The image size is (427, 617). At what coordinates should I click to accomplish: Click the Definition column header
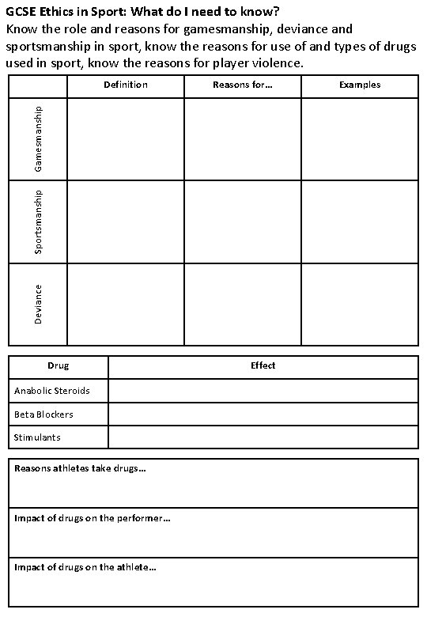126,85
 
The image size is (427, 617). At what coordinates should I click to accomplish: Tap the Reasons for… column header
243,85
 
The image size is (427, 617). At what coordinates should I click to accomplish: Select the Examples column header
360,85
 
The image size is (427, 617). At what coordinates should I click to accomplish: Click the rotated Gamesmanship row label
38,139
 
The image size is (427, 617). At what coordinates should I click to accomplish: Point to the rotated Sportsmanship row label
38,221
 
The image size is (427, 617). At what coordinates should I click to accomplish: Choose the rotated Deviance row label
38,304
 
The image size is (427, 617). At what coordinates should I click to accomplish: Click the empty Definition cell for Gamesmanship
126,139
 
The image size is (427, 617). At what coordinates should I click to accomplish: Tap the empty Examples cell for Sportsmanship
360,221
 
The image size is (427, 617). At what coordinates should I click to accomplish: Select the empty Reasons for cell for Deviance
243,304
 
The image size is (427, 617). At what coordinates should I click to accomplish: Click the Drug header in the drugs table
59,365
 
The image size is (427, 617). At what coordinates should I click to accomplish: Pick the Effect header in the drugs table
263,365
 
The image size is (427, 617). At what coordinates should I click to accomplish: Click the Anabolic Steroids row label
52,391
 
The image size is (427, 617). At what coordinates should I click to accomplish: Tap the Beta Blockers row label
43,414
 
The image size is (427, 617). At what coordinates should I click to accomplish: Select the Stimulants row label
37,437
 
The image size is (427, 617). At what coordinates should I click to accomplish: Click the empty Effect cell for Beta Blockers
263,414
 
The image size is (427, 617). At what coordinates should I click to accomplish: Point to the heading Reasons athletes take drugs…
80,468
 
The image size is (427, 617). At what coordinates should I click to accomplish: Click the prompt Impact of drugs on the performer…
92,518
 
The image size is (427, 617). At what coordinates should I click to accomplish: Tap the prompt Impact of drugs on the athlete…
85,566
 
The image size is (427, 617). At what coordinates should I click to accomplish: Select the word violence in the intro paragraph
278,62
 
